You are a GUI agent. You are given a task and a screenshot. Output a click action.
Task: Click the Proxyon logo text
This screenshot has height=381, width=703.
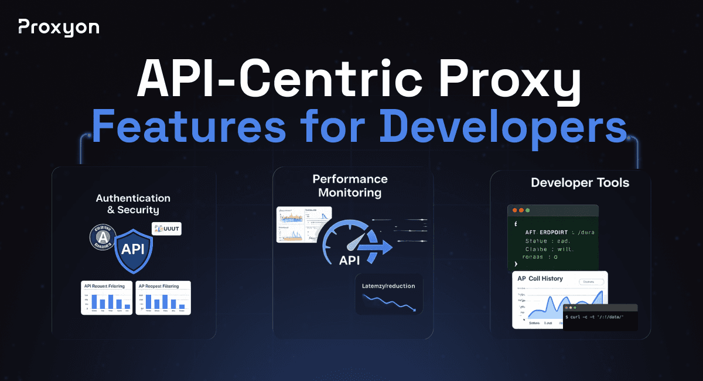(59, 27)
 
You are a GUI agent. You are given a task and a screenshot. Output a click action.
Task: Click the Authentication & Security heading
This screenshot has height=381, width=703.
(133, 204)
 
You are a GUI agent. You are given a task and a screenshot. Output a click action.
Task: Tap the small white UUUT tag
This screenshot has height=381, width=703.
(166, 229)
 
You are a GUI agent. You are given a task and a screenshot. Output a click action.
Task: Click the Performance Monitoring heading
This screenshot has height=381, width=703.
(350, 185)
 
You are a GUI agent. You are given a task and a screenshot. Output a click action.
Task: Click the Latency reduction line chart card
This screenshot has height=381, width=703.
(388, 294)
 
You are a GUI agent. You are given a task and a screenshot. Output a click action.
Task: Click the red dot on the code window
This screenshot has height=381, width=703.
(515, 210)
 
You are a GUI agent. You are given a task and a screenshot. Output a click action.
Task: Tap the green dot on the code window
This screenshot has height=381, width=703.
(528, 210)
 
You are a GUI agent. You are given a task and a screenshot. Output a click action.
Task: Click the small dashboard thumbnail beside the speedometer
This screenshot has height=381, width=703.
(303, 224)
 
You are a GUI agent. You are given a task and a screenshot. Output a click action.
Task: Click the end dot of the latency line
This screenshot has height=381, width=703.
(414, 309)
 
